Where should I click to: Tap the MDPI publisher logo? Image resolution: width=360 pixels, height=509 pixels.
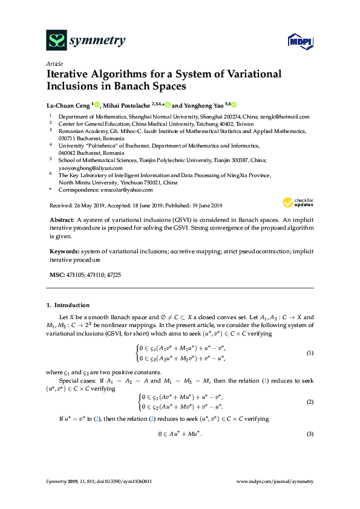point(301,41)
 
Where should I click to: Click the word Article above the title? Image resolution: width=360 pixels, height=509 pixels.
point(54,63)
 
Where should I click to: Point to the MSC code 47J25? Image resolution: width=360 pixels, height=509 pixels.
point(113,275)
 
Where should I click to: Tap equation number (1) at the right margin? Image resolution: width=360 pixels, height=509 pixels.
point(310,352)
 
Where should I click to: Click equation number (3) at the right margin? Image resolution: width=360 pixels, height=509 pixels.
point(310,435)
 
